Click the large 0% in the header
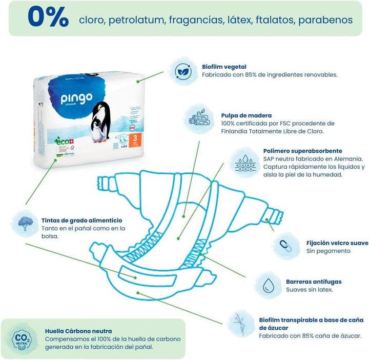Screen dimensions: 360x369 [x=47, y=17]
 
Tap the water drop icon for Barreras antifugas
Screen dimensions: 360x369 [x=267, y=286]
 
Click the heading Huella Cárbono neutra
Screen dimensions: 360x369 [x=78, y=331]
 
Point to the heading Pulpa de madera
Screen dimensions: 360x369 [x=247, y=115]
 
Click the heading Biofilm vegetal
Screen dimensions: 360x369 [x=224, y=67]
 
